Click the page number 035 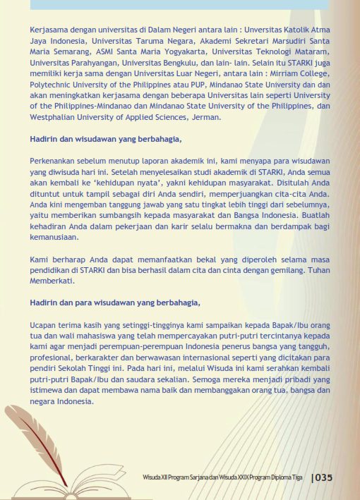tap(323, 477)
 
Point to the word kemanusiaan tap(58, 238)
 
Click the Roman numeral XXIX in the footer tap(239, 478)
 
